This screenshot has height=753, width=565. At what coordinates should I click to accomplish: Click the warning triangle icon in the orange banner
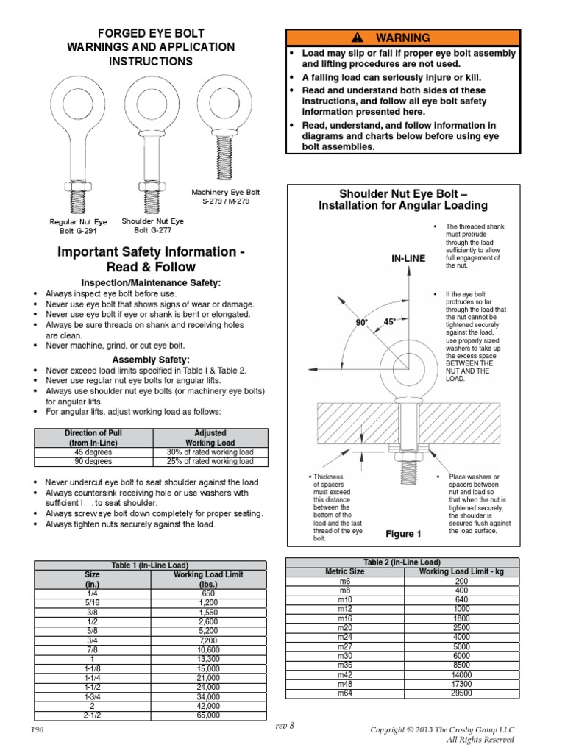point(358,38)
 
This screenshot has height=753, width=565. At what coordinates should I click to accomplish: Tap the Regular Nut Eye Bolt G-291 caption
point(78,226)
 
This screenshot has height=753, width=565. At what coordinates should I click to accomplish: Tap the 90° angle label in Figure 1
point(361,322)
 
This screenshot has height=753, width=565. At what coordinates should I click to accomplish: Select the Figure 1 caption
point(403,533)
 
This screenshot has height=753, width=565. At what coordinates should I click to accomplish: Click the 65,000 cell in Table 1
point(208,714)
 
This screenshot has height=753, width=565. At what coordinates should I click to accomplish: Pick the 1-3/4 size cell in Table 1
point(93,696)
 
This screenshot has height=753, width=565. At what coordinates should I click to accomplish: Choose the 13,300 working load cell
point(208,659)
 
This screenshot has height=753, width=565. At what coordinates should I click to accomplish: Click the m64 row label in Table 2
point(345,693)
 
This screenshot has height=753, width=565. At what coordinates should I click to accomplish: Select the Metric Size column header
point(345,571)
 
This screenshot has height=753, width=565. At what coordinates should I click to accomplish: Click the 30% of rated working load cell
point(210,452)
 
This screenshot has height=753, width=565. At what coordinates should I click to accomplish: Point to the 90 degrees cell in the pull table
point(92,461)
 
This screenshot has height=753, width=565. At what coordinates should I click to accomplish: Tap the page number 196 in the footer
point(38,729)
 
